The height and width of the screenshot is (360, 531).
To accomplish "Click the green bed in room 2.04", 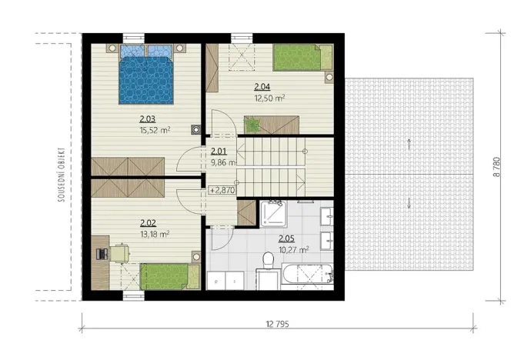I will click(301, 58).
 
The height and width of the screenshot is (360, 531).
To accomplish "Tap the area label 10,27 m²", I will click(293, 249).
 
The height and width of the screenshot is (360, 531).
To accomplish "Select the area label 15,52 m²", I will click(155, 131).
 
